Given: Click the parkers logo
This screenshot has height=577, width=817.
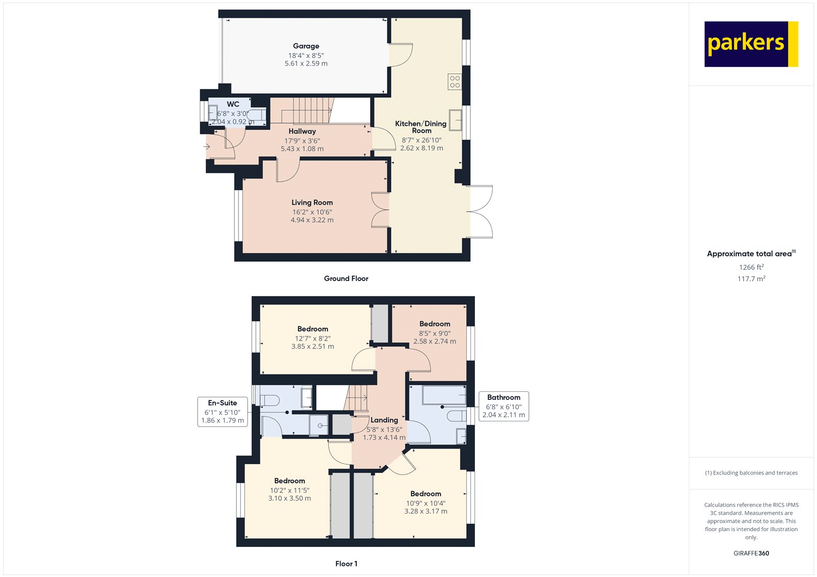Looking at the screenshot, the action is tap(751, 44).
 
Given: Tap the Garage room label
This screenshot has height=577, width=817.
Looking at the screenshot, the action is tap(306, 46).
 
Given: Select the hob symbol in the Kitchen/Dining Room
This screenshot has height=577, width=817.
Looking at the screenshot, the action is tap(455, 82).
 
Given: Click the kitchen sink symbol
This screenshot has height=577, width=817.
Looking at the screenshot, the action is tap(455, 120).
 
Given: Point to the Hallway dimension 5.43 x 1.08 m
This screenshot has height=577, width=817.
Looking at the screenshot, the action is tap(302, 149).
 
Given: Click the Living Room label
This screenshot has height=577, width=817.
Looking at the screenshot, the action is tap(312, 203).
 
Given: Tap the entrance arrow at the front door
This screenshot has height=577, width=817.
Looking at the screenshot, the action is tap(206, 147).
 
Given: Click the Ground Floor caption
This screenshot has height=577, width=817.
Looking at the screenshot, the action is tap(346, 279).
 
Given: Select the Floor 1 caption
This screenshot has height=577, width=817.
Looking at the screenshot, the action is tap(346, 564).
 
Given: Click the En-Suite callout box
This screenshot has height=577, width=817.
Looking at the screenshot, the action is tap(223, 412).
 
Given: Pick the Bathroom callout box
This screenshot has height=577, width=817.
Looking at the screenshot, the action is tap(503, 407).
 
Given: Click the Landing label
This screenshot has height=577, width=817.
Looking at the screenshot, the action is tap(384, 420).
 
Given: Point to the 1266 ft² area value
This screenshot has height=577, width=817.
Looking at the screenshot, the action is tap(751, 267).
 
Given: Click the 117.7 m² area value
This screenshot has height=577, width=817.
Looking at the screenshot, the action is tap(751, 279).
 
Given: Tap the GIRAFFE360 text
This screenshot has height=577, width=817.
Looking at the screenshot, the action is tap(751, 553).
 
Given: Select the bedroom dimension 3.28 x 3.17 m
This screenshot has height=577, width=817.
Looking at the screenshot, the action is tap(426, 511).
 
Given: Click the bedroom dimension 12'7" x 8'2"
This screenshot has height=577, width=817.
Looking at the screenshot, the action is tap(313, 338).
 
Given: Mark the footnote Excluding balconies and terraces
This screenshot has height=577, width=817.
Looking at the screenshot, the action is tap(751, 473).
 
